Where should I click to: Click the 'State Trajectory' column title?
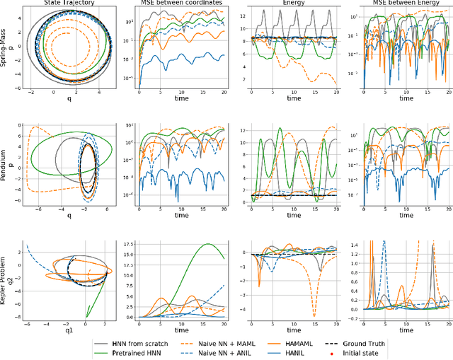tap(62, 4)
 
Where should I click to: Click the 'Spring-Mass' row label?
tap(5, 49)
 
